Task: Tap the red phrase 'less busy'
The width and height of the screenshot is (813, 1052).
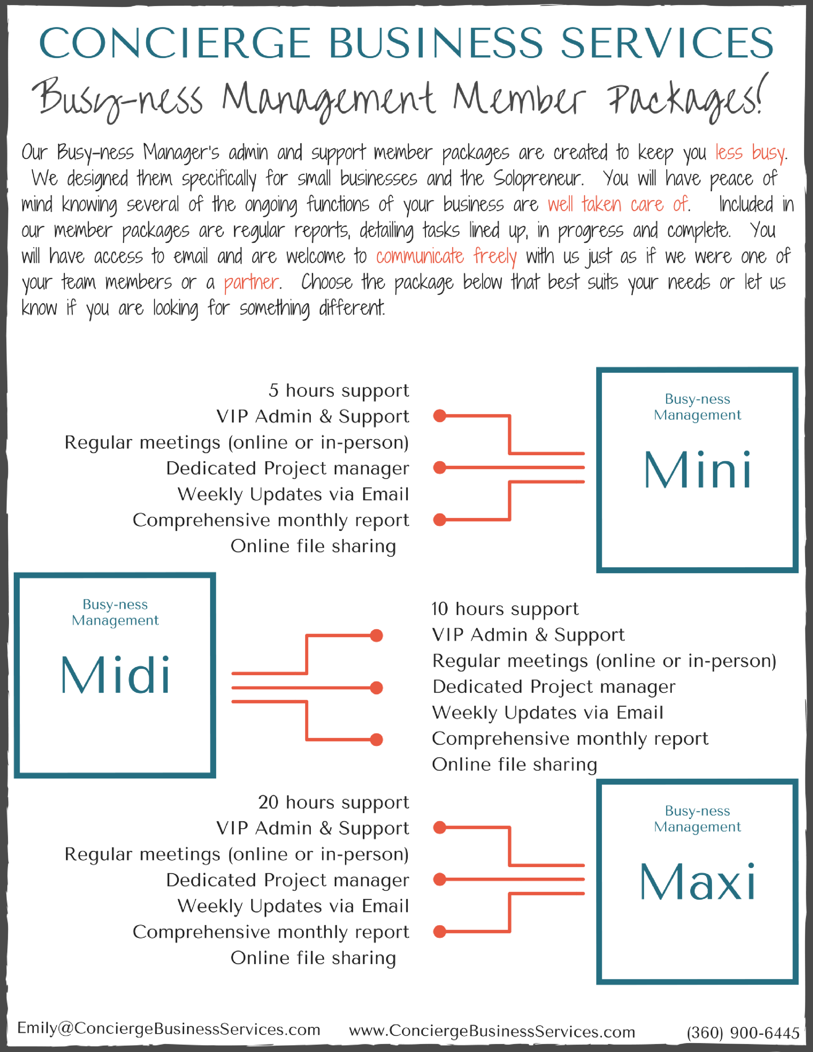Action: pyautogui.click(x=750, y=153)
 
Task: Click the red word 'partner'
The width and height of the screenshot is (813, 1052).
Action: pyautogui.click(x=251, y=282)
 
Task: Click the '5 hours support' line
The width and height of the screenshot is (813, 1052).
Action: pyautogui.click(x=339, y=391)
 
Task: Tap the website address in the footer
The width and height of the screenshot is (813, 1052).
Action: pyautogui.click(x=492, y=1031)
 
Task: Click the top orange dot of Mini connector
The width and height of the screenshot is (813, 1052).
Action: pyautogui.click(x=439, y=416)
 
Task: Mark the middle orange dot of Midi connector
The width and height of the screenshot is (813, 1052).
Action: pyautogui.click(x=377, y=688)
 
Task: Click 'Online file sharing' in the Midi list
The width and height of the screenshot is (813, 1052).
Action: pyautogui.click(x=514, y=765)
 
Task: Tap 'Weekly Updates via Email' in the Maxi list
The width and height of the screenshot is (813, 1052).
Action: pyautogui.click(x=293, y=906)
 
